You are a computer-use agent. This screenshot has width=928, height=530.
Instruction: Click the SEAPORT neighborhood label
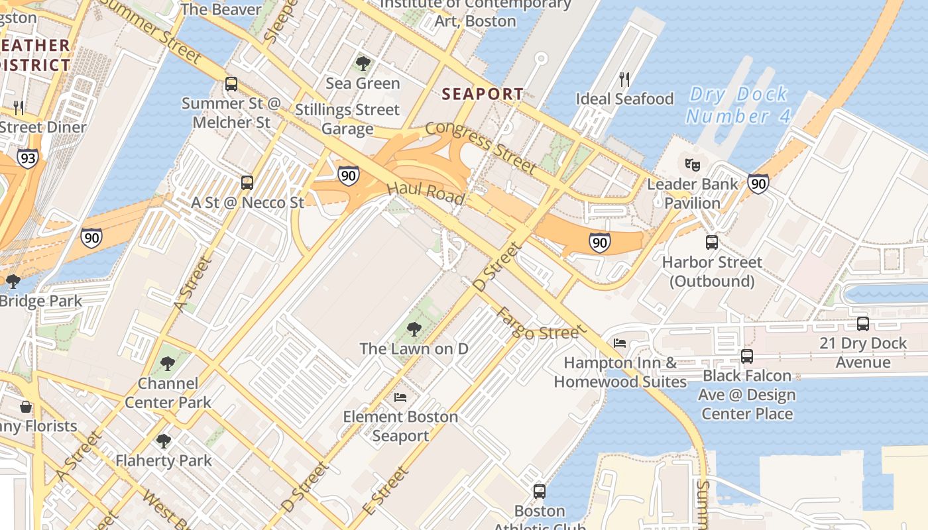coord(483,94)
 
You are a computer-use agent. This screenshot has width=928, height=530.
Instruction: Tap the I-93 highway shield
coord(27,158)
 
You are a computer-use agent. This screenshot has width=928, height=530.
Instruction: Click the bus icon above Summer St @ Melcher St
coord(231,84)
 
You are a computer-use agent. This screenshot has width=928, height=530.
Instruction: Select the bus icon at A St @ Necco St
coord(247,182)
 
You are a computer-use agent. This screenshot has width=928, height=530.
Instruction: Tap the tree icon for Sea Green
coord(363,64)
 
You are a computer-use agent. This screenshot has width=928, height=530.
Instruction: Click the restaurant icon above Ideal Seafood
coord(624,79)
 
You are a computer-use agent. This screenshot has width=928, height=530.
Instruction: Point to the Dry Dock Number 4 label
coord(738,105)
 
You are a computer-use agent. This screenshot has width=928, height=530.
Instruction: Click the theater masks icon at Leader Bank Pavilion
coord(693,164)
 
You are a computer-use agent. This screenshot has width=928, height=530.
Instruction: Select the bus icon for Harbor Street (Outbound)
coord(711,242)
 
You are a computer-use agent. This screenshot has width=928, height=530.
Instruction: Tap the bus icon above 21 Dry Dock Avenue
coord(862,324)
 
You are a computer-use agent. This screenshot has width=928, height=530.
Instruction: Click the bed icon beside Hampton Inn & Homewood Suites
coord(620,343)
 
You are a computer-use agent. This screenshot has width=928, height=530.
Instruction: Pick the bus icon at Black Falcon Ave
coord(747,356)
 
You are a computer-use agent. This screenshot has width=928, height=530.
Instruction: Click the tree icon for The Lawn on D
coord(414,329)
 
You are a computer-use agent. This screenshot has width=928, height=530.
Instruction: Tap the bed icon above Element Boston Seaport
coord(400,397)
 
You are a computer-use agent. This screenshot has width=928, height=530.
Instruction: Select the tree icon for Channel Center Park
coord(168,364)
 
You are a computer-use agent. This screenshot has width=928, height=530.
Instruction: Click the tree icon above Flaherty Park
coord(163,441)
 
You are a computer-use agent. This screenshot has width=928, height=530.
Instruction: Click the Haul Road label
coord(425,193)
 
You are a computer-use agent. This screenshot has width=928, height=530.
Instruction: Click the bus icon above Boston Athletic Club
coord(540,492)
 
